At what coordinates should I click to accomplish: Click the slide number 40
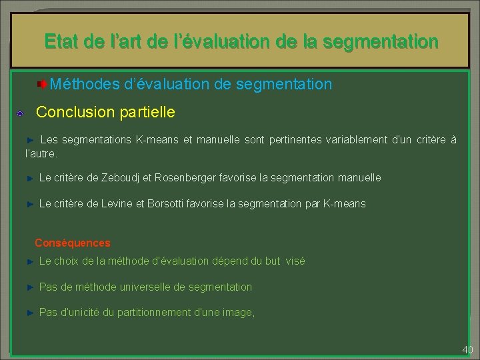click(x=467, y=350)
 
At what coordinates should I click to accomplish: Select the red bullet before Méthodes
click(x=42, y=85)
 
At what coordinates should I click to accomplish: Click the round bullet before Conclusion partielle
click(x=21, y=113)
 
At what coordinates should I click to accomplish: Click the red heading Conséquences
click(x=73, y=243)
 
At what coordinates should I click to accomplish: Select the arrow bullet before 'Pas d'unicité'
click(x=29, y=313)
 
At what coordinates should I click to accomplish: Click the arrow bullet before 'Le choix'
click(x=29, y=261)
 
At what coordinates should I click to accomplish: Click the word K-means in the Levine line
click(x=345, y=204)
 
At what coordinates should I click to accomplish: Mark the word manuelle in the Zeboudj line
click(x=360, y=178)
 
